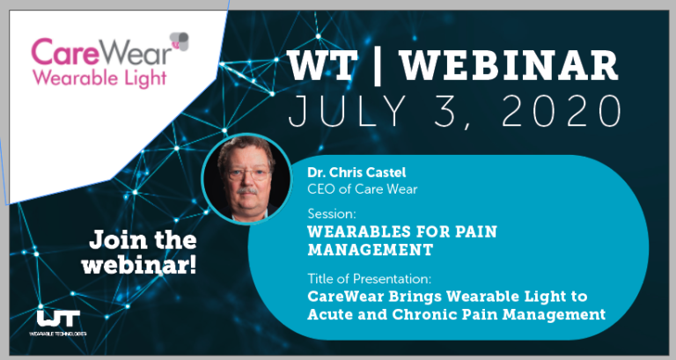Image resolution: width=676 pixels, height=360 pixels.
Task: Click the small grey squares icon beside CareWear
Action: [180, 39]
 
